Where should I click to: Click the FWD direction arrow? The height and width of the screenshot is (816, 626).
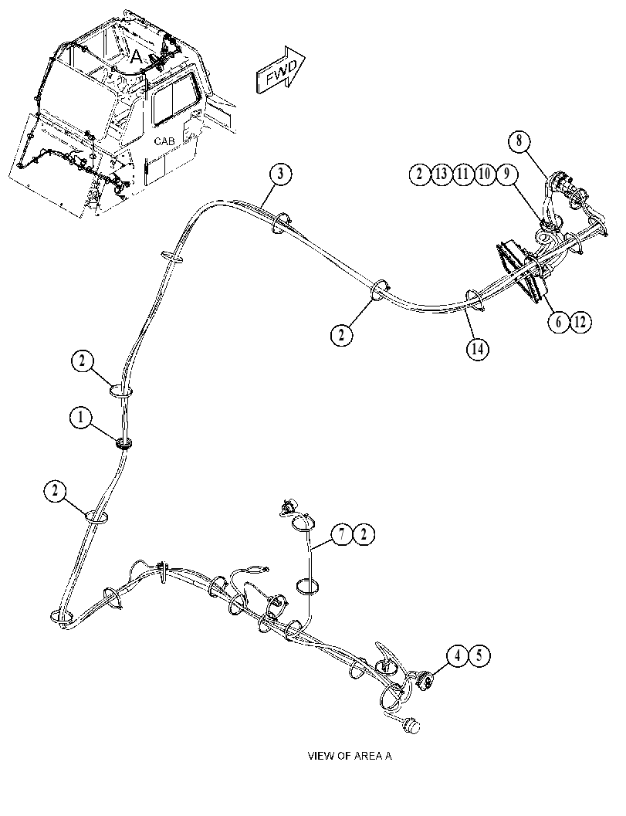pos(280,71)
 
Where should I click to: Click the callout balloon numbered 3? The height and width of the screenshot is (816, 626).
pos(280,174)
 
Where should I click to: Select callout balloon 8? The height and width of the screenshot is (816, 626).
pos(519,140)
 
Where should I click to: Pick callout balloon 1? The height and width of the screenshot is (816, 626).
pos(80,418)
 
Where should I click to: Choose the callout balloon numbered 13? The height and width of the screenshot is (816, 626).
pos(441,174)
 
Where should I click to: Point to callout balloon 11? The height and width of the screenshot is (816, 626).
pos(462,174)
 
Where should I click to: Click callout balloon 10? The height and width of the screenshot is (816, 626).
pos(484,174)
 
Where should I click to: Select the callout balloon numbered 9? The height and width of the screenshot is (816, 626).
pos(506,174)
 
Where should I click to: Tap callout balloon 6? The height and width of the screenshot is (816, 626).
pos(558,322)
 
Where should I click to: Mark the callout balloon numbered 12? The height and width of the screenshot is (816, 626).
pos(580,322)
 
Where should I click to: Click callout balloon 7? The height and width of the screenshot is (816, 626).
pos(342,534)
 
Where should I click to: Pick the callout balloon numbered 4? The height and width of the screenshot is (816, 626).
pos(458,655)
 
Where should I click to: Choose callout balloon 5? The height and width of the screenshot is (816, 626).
pos(479,655)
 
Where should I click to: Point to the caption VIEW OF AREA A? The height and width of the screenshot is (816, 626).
pos(350,756)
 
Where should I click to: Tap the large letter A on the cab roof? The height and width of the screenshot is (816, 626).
pos(136,56)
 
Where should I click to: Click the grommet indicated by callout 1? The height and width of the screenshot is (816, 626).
pos(124,444)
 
